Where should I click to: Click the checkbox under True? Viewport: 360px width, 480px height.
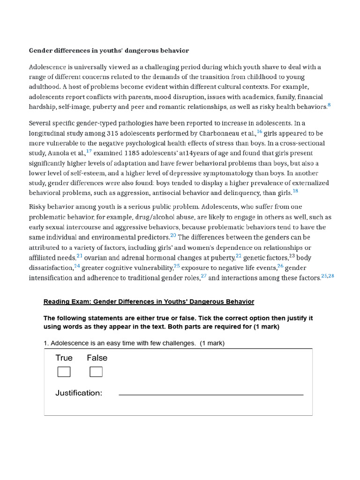click(x=64, y=372)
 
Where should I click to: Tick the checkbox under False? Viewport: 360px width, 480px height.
click(x=96, y=372)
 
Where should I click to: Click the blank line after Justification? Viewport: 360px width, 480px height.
click(x=211, y=394)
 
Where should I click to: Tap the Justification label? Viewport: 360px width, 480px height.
click(x=79, y=393)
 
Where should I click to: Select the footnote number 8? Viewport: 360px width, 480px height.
click(x=329, y=105)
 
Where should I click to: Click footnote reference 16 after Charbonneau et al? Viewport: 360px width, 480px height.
click(x=259, y=132)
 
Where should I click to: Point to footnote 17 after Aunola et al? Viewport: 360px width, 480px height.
click(x=89, y=151)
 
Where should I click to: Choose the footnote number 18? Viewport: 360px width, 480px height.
click(x=295, y=191)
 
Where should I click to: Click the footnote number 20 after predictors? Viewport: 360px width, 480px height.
click(x=173, y=235)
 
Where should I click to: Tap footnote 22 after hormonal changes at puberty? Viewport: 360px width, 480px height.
click(x=239, y=255)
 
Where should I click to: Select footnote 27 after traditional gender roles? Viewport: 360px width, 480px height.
click(x=203, y=276)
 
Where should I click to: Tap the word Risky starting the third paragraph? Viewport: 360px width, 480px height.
click(x=37, y=207)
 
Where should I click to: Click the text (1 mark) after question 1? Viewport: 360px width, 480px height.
click(x=212, y=343)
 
